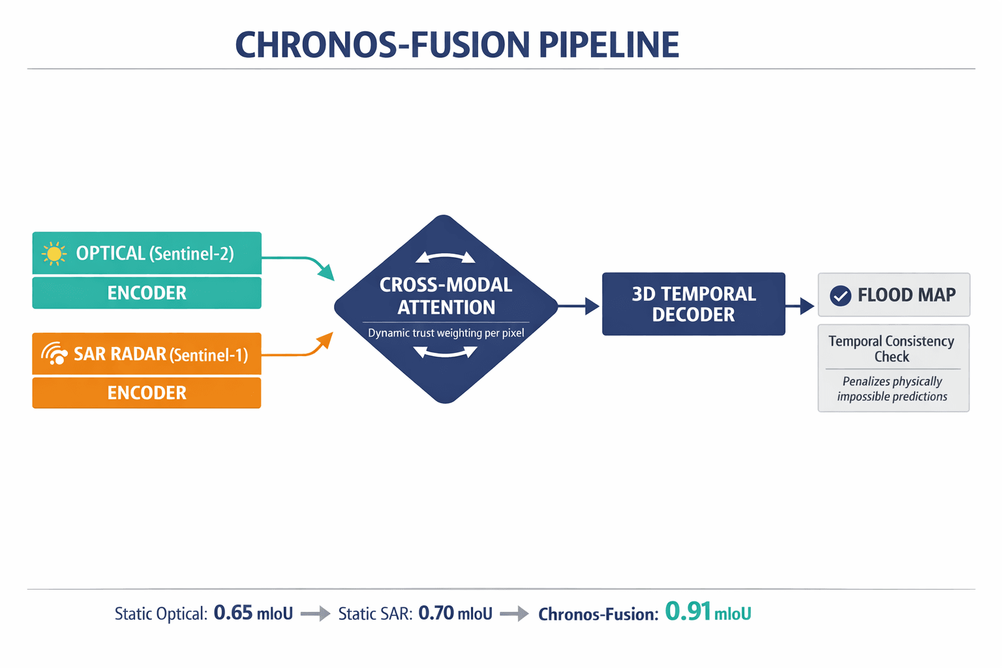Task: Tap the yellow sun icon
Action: pyautogui.click(x=54, y=254)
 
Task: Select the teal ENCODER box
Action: pyautogui.click(x=147, y=293)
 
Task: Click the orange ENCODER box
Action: pyautogui.click(x=147, y=393)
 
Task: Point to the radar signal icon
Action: pyautogui.click(x=55, y=354)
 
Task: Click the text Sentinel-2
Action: pyautogui.click(x=192, y=254)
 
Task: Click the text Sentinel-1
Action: pyautogui.click(x=209, y=355)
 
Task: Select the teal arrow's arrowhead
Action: pyautogui.click(x=326, y=273)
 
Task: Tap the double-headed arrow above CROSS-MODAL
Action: pyautogui.click(x=446, y=258)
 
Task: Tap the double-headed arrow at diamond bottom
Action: pyautogui.click(x=446, y=353)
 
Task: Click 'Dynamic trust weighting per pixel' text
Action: pyautogui.click(x=446, y=333)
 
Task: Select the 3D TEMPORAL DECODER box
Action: pyautogui.click(x=693, y=304)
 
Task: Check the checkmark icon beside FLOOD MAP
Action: pyautogui.click(x=840, y=296)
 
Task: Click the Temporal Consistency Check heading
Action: pyautogui.click(x=891, y=348)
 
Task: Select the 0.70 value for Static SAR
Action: pyautogui.click(x=436, y=613)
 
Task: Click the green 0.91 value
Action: pyautogui.click(x=688, y=612)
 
